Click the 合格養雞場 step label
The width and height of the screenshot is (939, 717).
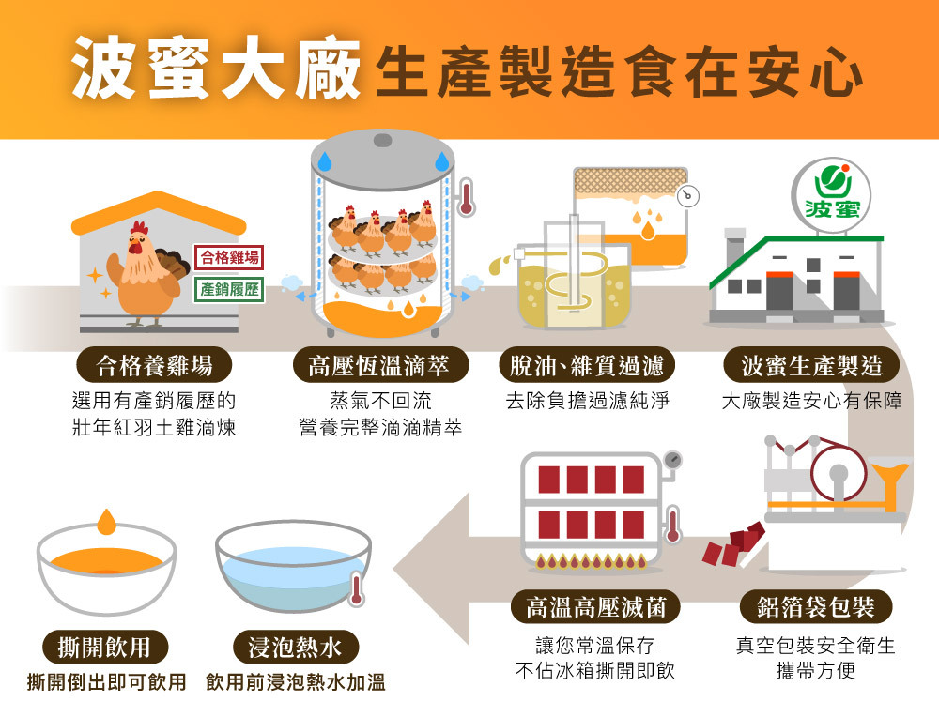click(154, 365)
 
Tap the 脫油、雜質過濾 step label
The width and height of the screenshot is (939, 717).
click(587, 365)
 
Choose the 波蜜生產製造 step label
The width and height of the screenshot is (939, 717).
click(812, 365)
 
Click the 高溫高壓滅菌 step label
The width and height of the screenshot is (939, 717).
click(597, 607)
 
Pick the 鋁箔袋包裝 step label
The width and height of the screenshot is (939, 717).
click(815, 607)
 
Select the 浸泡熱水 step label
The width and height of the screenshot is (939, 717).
click(295, 647)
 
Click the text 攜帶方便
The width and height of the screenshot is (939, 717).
click(815, 670)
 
